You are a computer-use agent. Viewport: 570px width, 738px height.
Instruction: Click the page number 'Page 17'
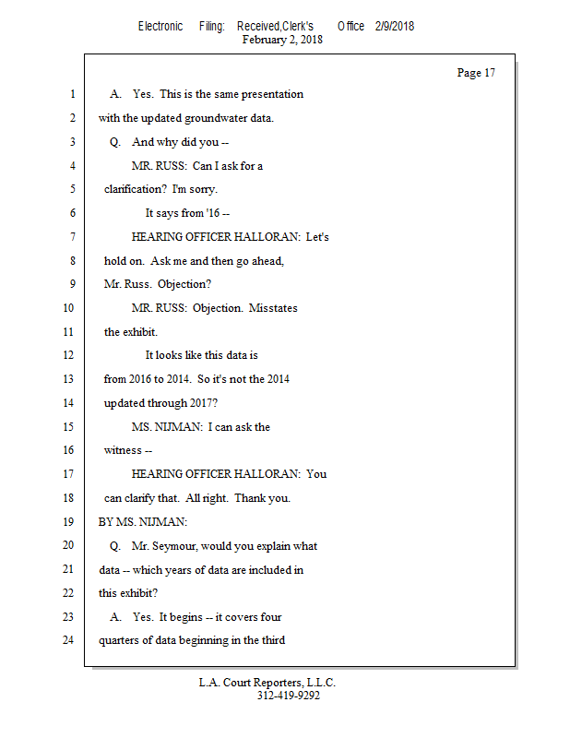[x=476, y=73]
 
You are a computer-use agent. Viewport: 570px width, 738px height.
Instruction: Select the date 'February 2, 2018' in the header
[x=282, y=40]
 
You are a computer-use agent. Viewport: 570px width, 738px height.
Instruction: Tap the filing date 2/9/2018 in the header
[x=395, y=26]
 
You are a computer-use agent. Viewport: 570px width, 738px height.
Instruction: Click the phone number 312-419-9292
[x=289, y=696]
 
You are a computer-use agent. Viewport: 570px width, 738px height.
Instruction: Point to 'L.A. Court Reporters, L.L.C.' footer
[x=267, y=683]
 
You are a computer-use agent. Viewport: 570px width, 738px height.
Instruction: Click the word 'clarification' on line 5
[x=135, y=189]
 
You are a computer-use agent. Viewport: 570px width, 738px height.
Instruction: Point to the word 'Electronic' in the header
[x=160, y=26]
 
